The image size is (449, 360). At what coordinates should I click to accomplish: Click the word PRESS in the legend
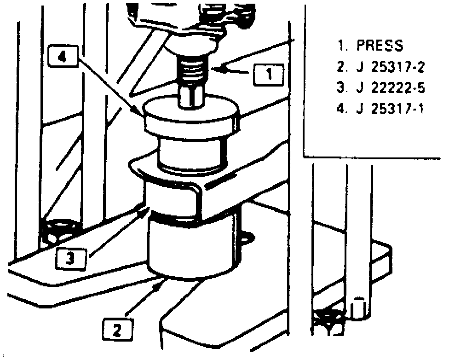coord(380,46)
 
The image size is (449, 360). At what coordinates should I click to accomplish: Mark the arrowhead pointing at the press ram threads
coord(216,70)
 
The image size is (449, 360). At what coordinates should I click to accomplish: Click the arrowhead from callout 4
coord(141,113)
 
